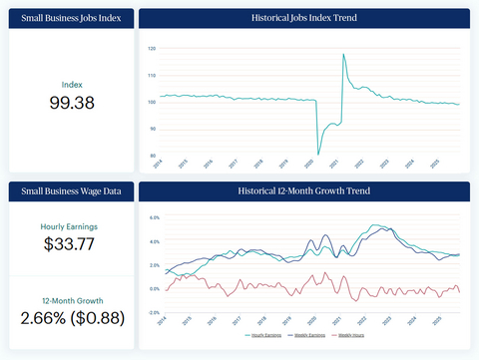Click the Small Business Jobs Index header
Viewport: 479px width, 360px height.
click(71, 19)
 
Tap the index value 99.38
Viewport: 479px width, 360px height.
click(71, 103)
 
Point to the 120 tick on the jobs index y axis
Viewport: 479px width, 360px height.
click(152, 48)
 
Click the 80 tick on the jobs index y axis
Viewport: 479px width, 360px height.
click(153, 156)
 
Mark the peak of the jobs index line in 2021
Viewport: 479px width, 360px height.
click(343, 54)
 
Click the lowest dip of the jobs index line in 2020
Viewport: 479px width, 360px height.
click(318, 154)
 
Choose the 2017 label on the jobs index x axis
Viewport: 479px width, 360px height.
click(233, 165)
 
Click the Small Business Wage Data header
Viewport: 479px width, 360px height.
click(71, 190)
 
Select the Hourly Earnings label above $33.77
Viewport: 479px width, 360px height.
click(71, 226)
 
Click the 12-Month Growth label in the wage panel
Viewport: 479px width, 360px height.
click(71, 300)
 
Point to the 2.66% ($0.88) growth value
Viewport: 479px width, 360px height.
click(71, 318)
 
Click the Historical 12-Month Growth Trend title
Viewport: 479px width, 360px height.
click(303, 190)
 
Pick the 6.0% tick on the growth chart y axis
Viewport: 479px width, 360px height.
click(155, 216)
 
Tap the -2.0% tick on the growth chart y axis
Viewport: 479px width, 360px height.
click(154, 312)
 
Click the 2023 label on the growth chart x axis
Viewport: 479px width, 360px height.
click(386, 321)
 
